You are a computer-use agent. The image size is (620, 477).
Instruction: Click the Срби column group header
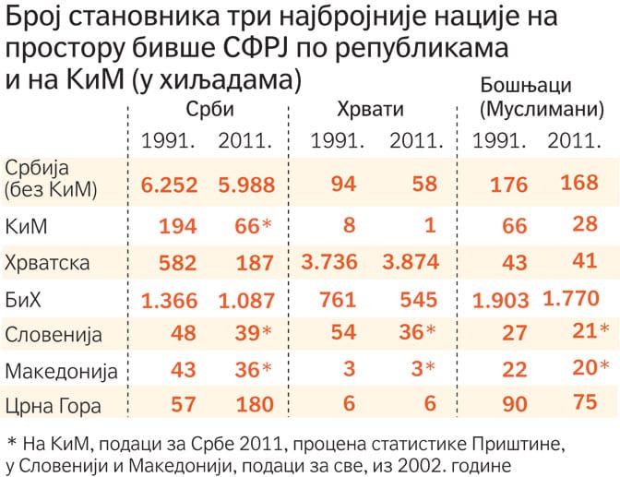coord(210,109)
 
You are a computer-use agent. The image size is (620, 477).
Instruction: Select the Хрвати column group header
coord(371,110)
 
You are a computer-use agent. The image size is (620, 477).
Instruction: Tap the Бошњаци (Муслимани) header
coord(542,97)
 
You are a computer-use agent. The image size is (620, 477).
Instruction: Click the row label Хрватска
coord(47,264)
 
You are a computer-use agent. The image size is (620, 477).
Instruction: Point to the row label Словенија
coord(54,336)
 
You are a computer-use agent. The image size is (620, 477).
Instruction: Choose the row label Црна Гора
coord(53,406)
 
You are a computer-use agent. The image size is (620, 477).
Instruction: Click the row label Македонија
coord(61,372)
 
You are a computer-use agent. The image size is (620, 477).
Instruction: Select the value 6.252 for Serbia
coord(169,185)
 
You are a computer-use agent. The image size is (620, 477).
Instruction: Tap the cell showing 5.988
coord(246,185)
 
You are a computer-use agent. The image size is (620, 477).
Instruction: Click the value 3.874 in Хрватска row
coord(411,262)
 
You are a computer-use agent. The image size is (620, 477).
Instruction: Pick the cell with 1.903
coord(501,301)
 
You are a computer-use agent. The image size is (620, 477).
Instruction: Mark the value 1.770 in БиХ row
coord(571,299)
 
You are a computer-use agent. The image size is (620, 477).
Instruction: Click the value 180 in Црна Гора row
coord(255,405)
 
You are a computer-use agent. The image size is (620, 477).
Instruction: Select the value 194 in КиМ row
coord(178,227)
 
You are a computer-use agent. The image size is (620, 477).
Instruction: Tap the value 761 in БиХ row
coord(338,300)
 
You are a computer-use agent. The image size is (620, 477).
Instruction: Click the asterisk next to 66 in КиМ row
coord(268,224)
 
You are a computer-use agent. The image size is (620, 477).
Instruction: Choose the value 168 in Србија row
coord(579,183)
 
